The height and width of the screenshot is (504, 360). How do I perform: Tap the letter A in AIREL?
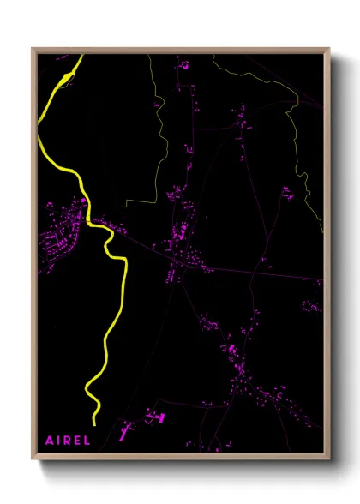tap(49, 441)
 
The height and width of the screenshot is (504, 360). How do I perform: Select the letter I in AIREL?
tap(58, 441)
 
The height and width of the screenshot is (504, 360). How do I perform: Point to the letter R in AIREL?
tap(66, 441)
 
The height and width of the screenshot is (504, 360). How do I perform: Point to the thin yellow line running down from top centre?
tap(159, 129)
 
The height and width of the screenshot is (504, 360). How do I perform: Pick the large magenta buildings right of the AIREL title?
tap(153, 418)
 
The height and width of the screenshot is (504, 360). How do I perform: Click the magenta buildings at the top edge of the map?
tap(183, 64)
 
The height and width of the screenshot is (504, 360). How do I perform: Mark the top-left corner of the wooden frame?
tap(33, 50)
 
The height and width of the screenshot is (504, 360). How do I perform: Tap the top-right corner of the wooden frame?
tap(329, 50)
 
